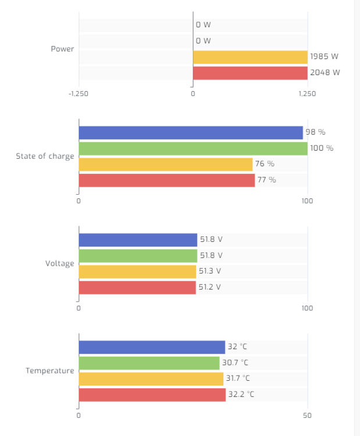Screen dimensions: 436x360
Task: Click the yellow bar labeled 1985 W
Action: [x=250, y=57]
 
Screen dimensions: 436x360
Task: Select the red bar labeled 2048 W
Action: [x=250, y=73]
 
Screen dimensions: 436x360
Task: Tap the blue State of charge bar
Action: [x=191, y=133]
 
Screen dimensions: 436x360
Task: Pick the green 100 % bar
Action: [x=193, y=148]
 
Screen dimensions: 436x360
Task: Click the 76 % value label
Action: [x=264, y=164]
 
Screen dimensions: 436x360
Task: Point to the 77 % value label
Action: [x=266, y=180]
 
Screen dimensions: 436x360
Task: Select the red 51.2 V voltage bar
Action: [x=137, y=287]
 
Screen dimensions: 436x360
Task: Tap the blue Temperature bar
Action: [x=152, y=347]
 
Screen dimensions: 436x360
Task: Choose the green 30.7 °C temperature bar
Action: [x=149, y=363]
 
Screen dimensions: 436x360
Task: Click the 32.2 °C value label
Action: [x=241, y=394]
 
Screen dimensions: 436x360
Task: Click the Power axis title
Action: [x=62, y=49]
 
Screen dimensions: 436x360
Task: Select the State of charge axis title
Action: [x=45, y=156]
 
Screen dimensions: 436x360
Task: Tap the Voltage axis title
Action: [x=60, y=263]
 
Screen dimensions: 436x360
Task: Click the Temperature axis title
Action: [x=49, y=371]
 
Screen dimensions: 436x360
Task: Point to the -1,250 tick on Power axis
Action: [x=79, y=94]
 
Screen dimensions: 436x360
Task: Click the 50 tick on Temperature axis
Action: [x=308, y=416]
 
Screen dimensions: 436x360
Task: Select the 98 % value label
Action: [x=315, y=133]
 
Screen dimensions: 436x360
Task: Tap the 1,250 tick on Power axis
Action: [x=307, y=94]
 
